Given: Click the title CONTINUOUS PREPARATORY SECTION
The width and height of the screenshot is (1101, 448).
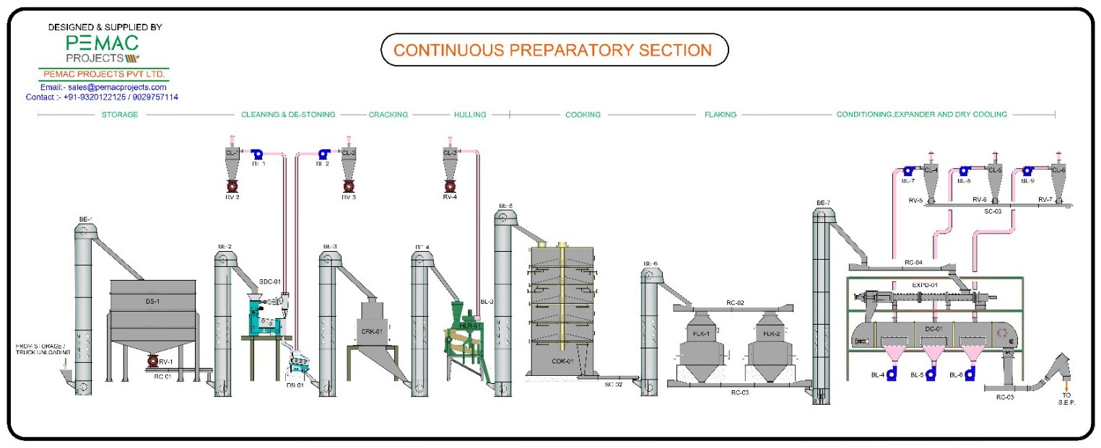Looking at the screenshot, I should click(553, 50).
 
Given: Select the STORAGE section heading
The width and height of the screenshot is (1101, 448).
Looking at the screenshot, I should click(120, 115).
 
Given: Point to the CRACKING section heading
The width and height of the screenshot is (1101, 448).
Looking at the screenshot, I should click(388, 115).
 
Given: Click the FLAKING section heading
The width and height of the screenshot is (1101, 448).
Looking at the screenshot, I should click(720, 115).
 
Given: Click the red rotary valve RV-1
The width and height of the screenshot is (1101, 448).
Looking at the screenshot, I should click(152, 361).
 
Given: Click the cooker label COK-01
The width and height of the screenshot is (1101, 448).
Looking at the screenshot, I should click(562, 361).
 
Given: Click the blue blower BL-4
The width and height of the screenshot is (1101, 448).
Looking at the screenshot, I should click(892, 374).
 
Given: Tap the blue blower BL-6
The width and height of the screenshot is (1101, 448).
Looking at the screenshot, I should click(970, 374).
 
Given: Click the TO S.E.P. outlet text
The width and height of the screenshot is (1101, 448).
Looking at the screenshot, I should click(1067, 399).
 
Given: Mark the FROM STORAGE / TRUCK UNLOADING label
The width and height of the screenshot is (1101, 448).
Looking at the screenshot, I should click(43, 350).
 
